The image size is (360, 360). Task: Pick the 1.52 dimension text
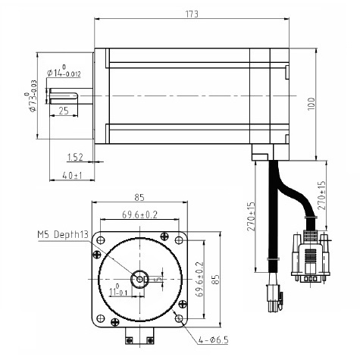(75, 158)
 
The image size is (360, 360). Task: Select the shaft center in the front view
(139, 280)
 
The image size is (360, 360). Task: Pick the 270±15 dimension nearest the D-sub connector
(321, 196)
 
